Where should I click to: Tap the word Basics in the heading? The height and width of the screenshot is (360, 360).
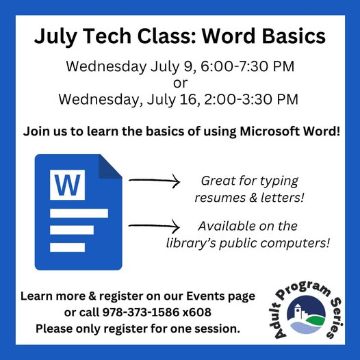pyautogui.click(x=294, y=36)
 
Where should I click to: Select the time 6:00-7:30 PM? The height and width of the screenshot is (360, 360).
pyautogui.click(x=248, y=66)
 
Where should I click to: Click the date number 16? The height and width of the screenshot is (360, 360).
pyautogui.click(x=188, y=99)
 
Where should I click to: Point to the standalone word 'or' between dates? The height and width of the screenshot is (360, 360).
pyautogui.click(x=180, y=83)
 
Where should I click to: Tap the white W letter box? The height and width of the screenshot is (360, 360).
pyautogui.click(x=67, y=185)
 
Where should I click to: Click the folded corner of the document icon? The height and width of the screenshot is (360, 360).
pyautogui.click(x=110, y=166)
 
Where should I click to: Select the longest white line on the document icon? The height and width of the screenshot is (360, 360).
pyautogui.click(x=79, y=213)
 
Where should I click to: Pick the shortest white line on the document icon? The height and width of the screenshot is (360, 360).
pyautogui.click(x=67, y=247)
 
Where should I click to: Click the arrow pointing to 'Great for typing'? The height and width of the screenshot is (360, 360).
pyautogui.click(x=154, y=181)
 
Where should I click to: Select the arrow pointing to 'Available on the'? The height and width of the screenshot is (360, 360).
pyautogui.click(x=154, y=226)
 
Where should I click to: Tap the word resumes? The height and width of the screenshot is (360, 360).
pyautogui.click(x=220, y=198)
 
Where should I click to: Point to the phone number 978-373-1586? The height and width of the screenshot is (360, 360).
pyautogui.click(x=141, y=312)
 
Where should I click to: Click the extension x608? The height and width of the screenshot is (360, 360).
pyautogui.click(x=196, y=312)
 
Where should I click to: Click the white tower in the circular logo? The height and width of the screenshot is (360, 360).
pyautogui.click(x=298, y=311)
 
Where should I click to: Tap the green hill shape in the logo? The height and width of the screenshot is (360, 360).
pyautogui.click(x=316, y=320)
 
